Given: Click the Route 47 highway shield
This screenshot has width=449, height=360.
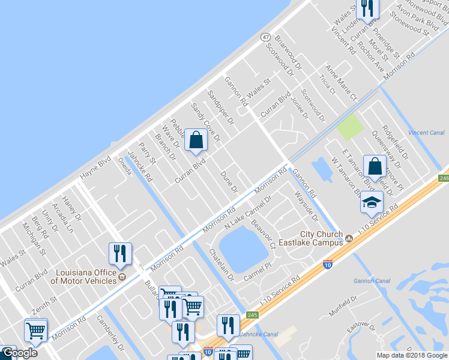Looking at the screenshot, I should [265, 37].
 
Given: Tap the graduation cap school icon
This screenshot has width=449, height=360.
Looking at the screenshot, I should [372, 202].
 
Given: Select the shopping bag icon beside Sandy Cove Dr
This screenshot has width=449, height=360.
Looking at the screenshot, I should [196, 140].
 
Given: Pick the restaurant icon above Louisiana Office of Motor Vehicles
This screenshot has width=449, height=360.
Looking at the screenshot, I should [121, 254].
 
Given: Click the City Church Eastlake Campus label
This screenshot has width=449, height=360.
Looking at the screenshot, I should [322, 238].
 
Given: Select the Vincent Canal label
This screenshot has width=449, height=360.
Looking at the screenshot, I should [426, 132].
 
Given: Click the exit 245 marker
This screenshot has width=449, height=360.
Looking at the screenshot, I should [252, 314].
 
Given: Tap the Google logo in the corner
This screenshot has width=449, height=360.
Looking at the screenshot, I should [19, 353].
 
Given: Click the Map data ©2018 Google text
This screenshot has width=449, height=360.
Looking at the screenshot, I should [412, 355].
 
